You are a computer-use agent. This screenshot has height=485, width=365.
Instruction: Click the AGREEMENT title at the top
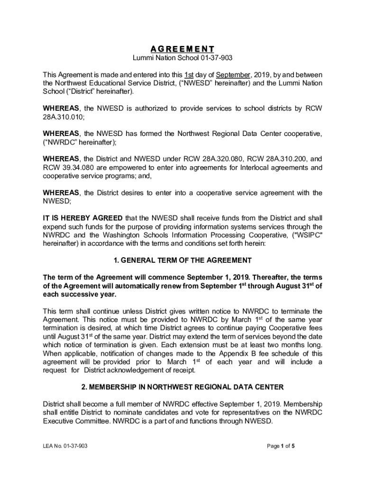click(x=182, y=49)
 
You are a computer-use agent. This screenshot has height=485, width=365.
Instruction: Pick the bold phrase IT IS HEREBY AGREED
click(x=82, y=218)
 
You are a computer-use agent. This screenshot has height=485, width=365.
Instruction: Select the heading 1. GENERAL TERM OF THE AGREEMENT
click(x=182, y=260)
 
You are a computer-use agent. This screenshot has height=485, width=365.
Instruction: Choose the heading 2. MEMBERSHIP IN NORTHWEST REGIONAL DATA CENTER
click(x=182, y=387)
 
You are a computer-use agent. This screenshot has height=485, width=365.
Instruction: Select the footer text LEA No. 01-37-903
click(x=65, y=446)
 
